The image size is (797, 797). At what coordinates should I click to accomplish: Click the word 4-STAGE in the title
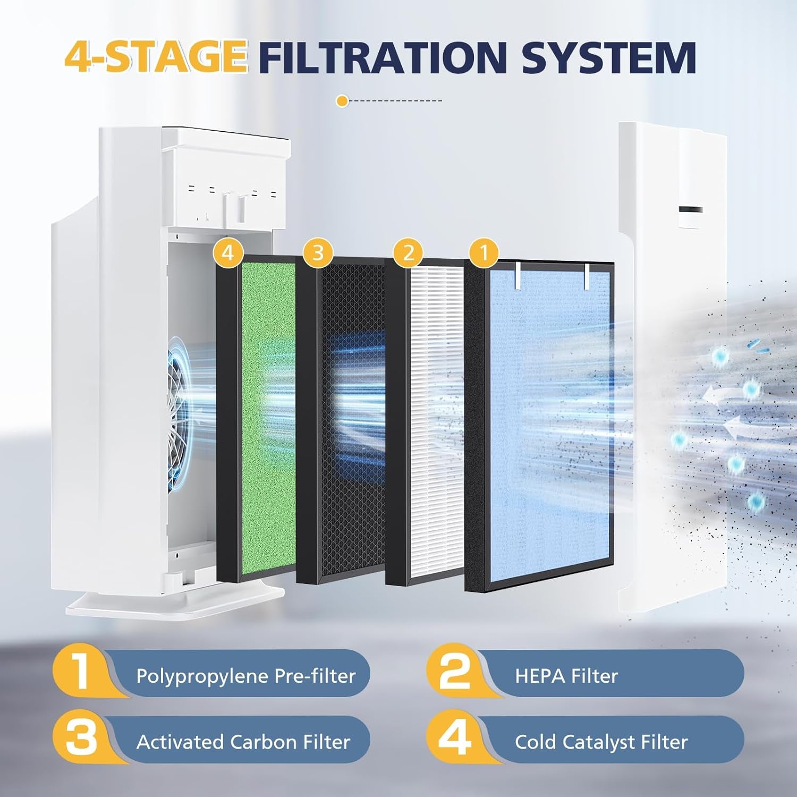156,57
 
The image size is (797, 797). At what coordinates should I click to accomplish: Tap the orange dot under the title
343,100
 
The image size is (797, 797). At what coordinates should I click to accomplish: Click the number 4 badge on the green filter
227,252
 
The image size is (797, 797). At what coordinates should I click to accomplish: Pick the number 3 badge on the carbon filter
318,252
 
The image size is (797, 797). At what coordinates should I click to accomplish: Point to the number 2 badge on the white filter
408,252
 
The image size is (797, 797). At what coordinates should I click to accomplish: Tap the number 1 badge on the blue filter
483,252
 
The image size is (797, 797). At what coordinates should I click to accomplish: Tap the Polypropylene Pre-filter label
245,676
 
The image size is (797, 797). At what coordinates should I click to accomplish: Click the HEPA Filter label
566,676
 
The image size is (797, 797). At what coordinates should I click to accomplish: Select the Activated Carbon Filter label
243,742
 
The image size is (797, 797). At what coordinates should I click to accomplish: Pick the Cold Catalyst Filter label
601,742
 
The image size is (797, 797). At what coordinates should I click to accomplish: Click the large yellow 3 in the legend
81,739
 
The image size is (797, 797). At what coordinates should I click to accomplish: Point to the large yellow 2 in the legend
455,672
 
